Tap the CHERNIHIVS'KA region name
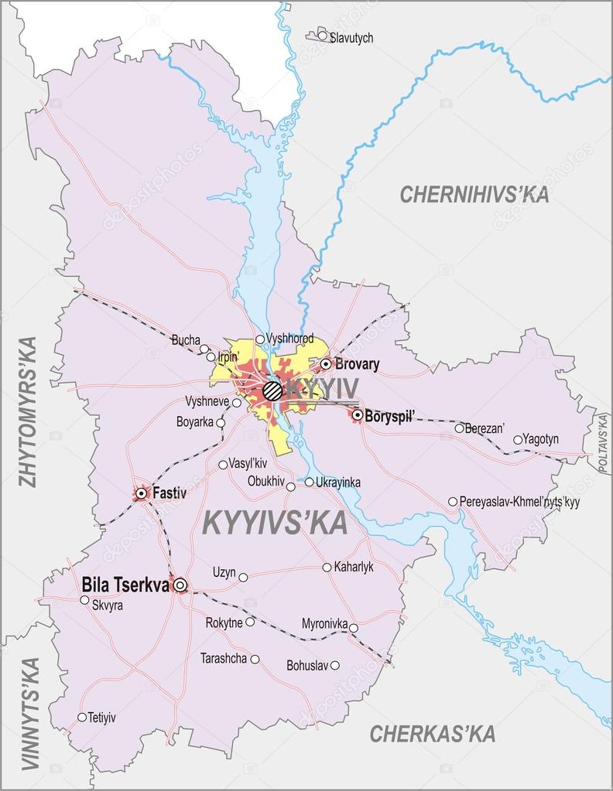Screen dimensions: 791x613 click(474, 195)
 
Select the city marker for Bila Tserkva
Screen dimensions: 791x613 click(180, 585)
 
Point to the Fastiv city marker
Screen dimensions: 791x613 click(142, 493)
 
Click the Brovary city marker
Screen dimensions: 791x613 click(326, 363)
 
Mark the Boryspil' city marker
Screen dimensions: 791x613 click(358, 415)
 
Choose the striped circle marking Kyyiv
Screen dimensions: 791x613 click(272, 390)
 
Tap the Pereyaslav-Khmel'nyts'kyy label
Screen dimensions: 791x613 click(519, 502)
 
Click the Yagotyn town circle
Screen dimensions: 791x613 click(518, 440)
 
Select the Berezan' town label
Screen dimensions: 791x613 click(485, 428)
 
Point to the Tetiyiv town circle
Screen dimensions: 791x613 click(82, 717)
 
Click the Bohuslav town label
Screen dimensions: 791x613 click(307, 665)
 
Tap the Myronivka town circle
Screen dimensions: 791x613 click(354, 627)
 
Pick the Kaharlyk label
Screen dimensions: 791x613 click(354, 567)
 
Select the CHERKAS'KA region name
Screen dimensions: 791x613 click(432, 734)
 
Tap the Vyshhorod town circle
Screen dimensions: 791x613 click(260, 339)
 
